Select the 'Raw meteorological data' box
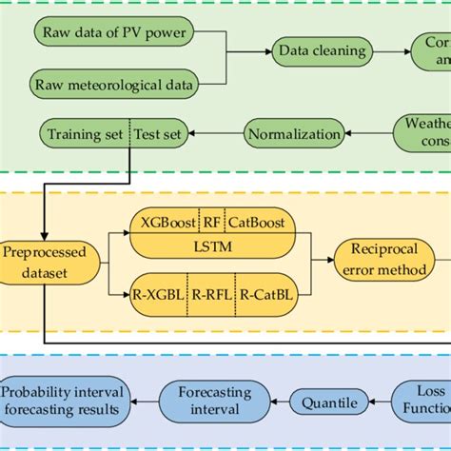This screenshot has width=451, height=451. (x=113, y=86)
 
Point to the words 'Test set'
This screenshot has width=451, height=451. (x=159, y=133)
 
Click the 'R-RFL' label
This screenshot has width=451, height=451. (x=213, y=295)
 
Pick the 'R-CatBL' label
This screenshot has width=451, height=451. (x=266, y=295)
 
